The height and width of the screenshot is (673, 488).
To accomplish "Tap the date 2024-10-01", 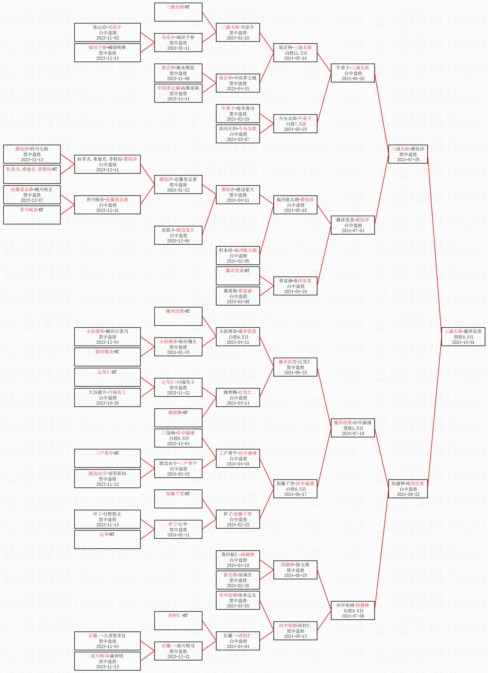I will (463, 342).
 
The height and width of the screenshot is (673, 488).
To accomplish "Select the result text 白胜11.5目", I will (296, 53).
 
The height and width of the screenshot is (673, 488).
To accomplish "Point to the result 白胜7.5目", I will (296, 124).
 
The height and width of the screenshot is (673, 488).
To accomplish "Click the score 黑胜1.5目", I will (353, 428).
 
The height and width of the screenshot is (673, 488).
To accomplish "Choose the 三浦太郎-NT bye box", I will (178, 12).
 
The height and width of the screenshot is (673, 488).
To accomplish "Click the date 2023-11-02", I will (107, 38).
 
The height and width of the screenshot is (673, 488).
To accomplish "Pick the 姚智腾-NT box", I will (178, 417).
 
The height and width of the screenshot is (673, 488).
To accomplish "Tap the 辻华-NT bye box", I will (107, 539).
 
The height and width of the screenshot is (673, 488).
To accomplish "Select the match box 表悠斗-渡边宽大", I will (178, 235).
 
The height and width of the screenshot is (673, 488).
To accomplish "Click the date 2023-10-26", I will (107, 403).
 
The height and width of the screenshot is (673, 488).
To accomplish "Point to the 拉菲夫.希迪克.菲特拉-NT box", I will (32, 174).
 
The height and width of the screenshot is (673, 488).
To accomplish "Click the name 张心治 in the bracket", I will (99, 27).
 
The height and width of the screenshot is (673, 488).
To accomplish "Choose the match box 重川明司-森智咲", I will (107, 661).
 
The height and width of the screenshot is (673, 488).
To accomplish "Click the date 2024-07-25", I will (408, 160).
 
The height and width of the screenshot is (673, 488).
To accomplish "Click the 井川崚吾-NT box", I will (32, 215).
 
